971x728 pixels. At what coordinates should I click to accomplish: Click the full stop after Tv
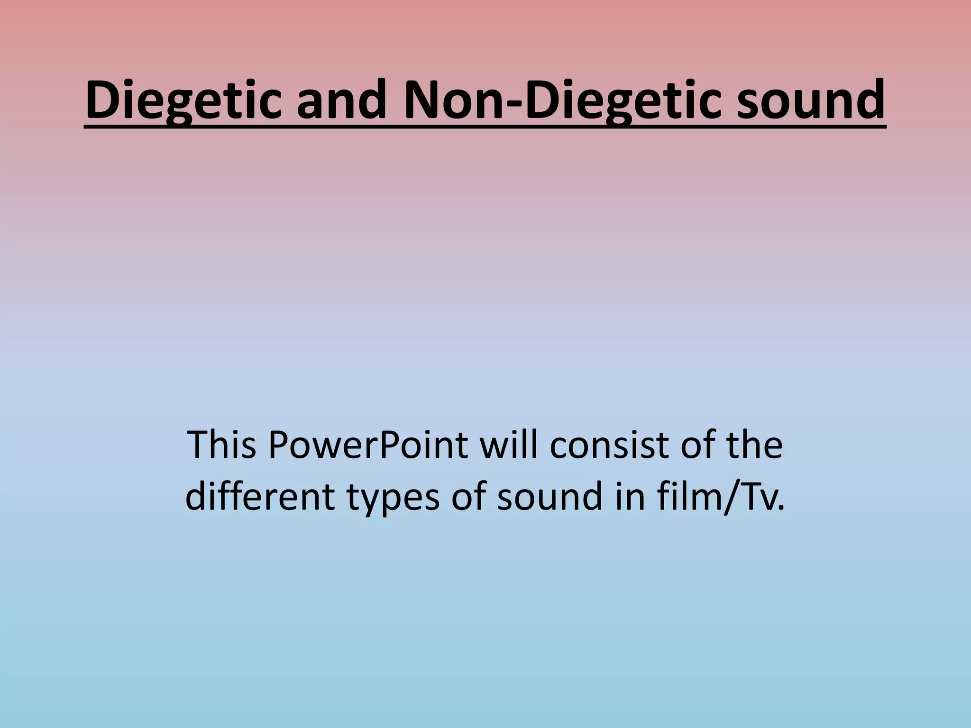coord(780,509)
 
